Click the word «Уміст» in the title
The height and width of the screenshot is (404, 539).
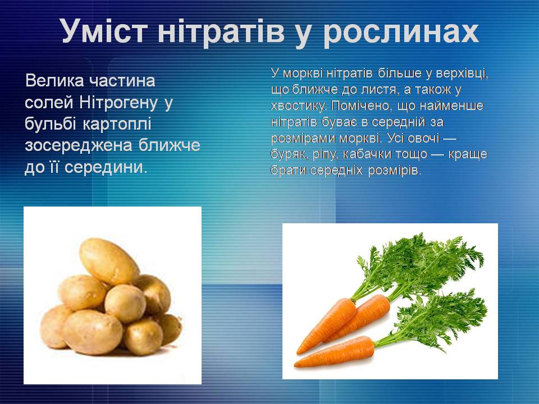105,30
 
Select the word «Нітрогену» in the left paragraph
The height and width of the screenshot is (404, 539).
118,102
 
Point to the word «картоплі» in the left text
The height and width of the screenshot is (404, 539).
117,123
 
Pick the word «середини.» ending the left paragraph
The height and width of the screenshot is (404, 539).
106,167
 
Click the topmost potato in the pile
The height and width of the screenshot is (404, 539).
109,261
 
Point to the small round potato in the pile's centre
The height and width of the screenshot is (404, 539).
125,304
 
